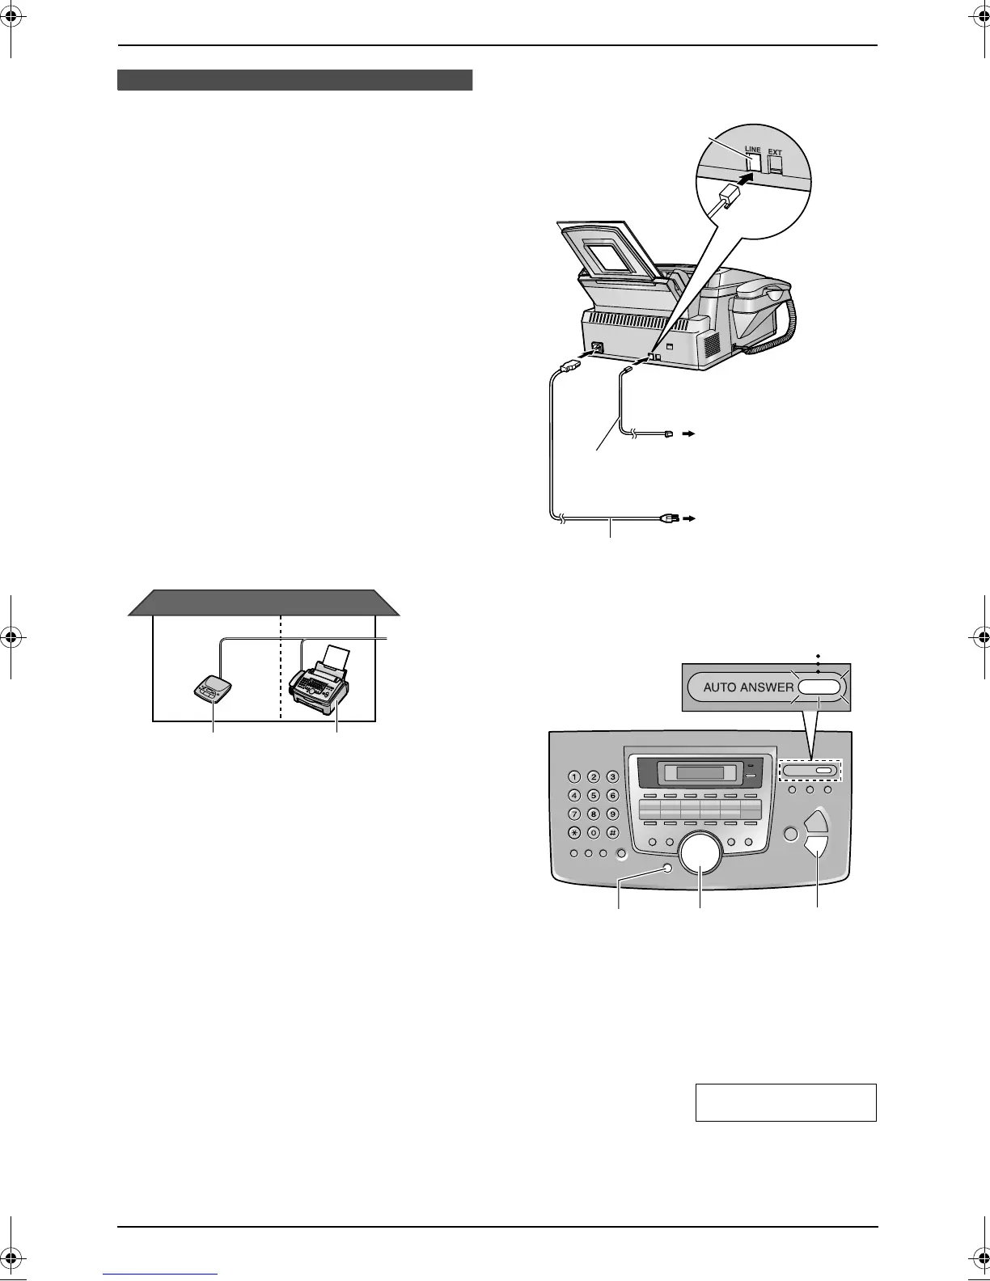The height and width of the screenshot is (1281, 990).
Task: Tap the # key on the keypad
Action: tap(612, 833)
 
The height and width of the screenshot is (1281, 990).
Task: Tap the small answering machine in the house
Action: tap(213, 690)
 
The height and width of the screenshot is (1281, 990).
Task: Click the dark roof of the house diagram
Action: tap(264, 602)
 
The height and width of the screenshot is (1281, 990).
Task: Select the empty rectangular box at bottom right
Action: tap(785, 1102)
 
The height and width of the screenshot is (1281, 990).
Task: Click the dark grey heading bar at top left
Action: tap(294, 80)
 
